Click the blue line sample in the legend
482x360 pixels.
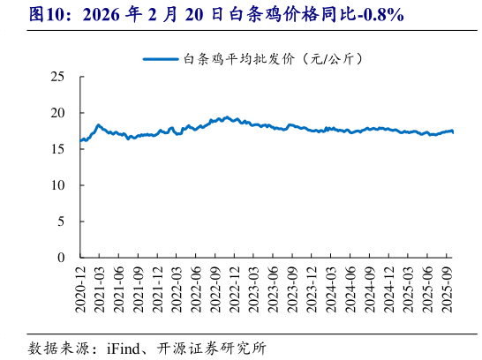[162, 59]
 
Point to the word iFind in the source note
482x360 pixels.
[126, 347]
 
